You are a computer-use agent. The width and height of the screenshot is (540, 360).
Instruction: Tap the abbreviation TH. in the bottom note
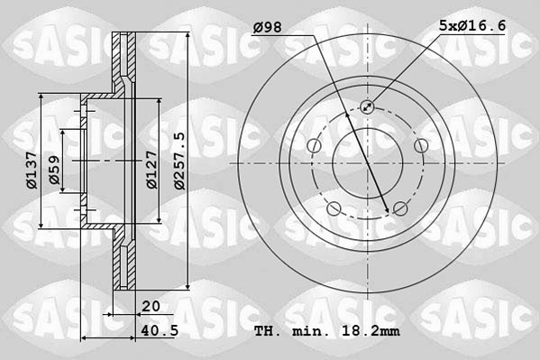pos(268,332)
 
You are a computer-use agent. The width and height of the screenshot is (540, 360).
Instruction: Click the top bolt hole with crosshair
pos(367,107)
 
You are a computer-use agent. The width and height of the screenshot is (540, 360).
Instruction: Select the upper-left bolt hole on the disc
pos(314,146)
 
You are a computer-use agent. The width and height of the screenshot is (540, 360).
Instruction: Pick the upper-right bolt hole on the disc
pos(420,146)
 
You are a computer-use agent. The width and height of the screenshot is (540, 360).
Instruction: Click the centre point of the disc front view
pos(367,163)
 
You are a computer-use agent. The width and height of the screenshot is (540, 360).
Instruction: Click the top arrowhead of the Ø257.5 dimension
pos(188,37)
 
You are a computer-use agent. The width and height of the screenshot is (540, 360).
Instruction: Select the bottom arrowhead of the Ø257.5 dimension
pos(188,289)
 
